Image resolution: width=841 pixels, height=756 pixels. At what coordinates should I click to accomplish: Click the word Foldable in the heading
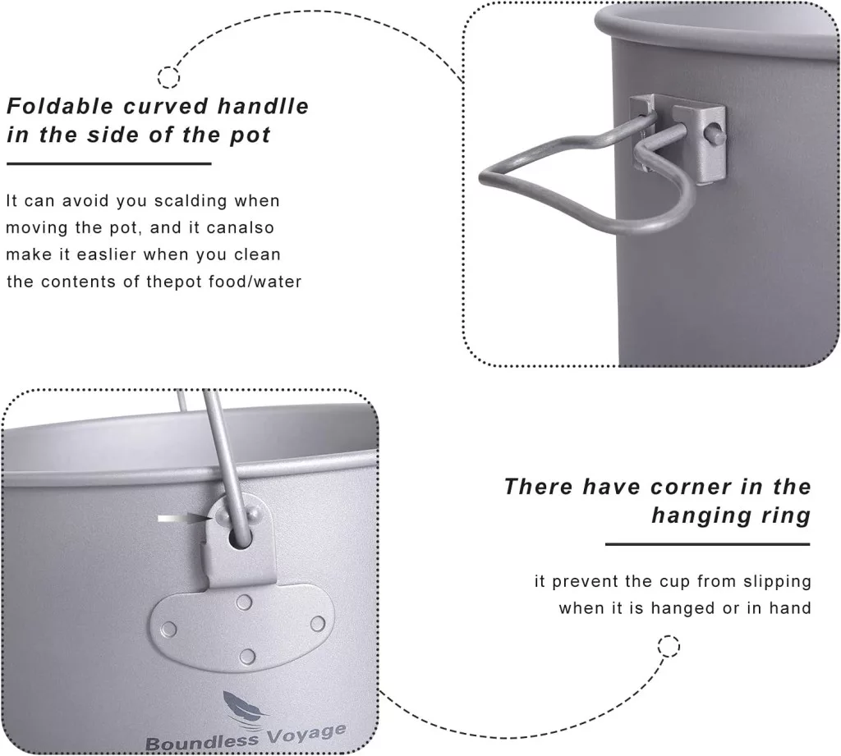pos(61,106)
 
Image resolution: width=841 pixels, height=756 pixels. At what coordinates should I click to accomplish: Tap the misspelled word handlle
pos(263,106)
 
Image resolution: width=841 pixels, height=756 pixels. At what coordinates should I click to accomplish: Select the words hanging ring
pos(730,515)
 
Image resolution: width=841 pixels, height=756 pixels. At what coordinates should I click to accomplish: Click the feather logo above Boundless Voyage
pos(245,708)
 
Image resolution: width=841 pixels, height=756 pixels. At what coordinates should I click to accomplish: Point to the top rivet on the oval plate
pos(244,603)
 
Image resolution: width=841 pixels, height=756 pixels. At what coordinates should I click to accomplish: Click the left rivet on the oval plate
pos(169,629)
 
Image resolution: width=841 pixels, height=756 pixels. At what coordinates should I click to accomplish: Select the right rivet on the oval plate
pos(318,624)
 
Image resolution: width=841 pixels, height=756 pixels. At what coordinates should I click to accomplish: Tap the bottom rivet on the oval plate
pos(247,657)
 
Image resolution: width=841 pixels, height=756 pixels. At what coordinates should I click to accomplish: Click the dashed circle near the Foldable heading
pos(168,77)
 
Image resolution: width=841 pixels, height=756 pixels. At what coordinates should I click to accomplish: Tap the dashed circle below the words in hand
pos(669,646)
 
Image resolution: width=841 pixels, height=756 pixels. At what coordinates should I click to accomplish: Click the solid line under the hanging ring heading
pos(707,544)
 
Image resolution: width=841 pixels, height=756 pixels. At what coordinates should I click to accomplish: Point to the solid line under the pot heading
pos(109,163)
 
